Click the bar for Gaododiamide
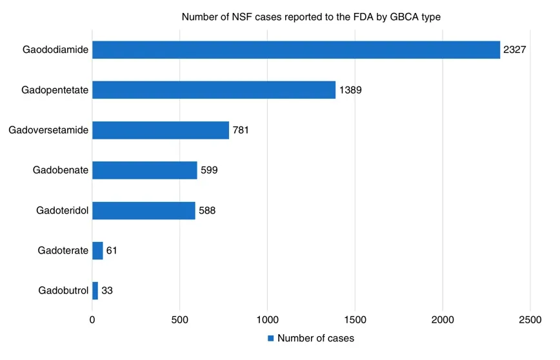[x=295, y=50]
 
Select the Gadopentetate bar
[x=214, y=90]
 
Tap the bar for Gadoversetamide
[x=160, y=130]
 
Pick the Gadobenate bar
[x=145, y=170]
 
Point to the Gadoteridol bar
[x=143, y=210]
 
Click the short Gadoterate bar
[x=97, y=250]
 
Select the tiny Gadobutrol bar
[x=95, y=290]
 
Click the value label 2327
[x=515, y=50]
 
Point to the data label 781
[x=241, y=130]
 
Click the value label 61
[x=112, y=250]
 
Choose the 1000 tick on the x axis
[x=267, y=319]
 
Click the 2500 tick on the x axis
[x=530, y=319]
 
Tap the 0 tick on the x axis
[x=92, y=319]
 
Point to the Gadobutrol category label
[x=63, y=290]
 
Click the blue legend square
[x=272, y=338]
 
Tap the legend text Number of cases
[x=315, y=338]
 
